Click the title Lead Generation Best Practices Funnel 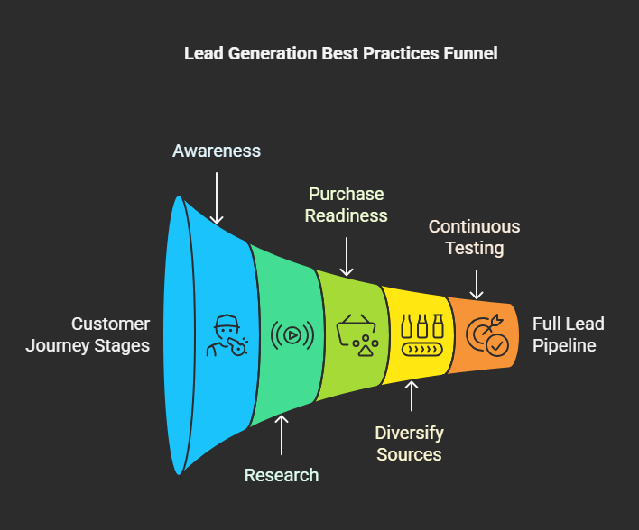[x=340, y=53]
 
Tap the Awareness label [x=217, y=151]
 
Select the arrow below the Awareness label [x=217, y=197]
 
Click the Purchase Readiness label [x=346, y=205]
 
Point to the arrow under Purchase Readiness [x=347, y=257]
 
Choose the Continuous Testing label [x=475, y=237]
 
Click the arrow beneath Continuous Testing [x=477, y=284]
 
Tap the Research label [x=282, y=475]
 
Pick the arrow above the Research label [x=282, y=435]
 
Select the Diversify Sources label [x=409, y=443]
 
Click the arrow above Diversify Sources [x=412, y=396]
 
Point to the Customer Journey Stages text [x=88, y=335]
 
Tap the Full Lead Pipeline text [x=568, y=334]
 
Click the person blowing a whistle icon [x=227, y=335]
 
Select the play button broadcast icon [x=292, y=335]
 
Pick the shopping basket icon [x=357, y=335]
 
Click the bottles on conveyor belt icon [x=421, y=335]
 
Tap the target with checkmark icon [x=487, y=335]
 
